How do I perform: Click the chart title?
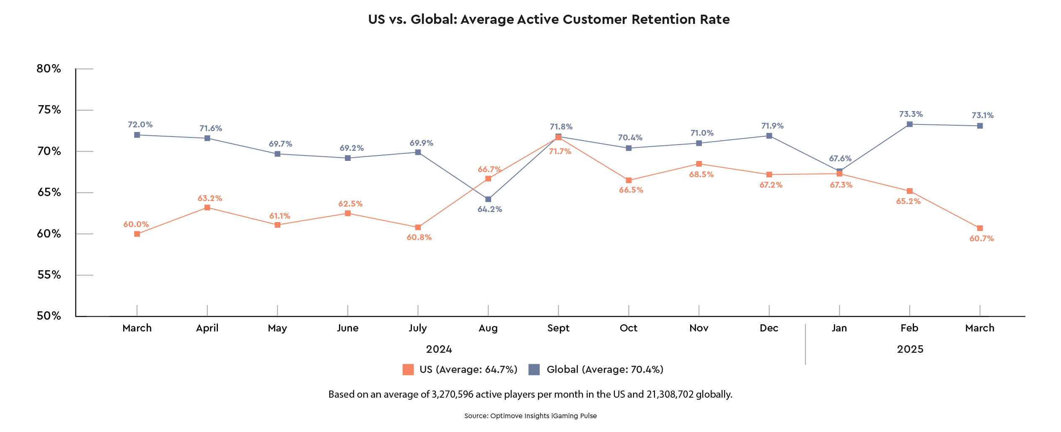click(x=549, y=19)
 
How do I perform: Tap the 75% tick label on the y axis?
click(x=49, y=110)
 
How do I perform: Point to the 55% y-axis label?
click(x=49, y=275)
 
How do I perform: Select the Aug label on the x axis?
click(x=488, y=328)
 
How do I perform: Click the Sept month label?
click(x=558, y=328)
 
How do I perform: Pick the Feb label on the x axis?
click(x=909, y=328)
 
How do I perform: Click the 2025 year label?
click(x=910, y=349)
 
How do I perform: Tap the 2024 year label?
click(x=439, y=349)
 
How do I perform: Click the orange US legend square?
click(x=408, y=370)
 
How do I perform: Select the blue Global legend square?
click(x=534, y=370)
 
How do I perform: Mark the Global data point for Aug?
click(x=488, y=199)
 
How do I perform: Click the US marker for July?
click(x=418, y=228)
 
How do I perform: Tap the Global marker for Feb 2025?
click(x=909, y=124)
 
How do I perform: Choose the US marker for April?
click(x=207, y=208)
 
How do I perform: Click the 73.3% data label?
click(x=911, y=114)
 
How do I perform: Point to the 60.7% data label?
click(x=981, y=239)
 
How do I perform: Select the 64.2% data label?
click(x=489, y=209)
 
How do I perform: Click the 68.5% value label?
click(x=701, y=174)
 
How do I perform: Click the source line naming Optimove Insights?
click(x=530, y=416)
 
